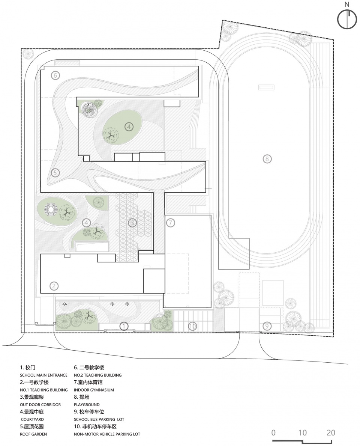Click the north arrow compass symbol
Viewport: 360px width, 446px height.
point(348,19)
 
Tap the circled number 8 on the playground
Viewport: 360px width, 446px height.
point(267,159)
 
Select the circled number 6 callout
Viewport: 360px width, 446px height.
point(55,75)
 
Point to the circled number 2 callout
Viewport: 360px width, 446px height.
point(54,286)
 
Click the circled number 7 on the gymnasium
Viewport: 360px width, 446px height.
point(170,223)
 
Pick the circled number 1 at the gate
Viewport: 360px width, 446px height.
point(124,326)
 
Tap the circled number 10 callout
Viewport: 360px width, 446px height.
point(192,326)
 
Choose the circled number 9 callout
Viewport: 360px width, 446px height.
point(266,326)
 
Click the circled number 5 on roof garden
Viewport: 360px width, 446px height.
point(55,173)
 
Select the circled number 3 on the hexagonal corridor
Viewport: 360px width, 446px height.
point(132,223)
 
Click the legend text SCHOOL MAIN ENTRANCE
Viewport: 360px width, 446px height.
point(43,375)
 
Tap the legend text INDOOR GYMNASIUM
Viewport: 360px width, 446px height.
point(94,390)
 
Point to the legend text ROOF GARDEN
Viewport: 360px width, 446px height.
point(33,434)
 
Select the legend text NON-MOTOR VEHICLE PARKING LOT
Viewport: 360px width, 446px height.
point(107,434)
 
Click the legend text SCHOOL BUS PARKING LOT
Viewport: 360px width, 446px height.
point(99,419)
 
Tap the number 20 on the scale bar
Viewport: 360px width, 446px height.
point(330,432)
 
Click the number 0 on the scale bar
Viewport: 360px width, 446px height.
point(274,432)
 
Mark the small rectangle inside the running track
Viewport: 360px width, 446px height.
point(267,87)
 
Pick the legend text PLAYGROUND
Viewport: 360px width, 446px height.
point(87,405)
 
